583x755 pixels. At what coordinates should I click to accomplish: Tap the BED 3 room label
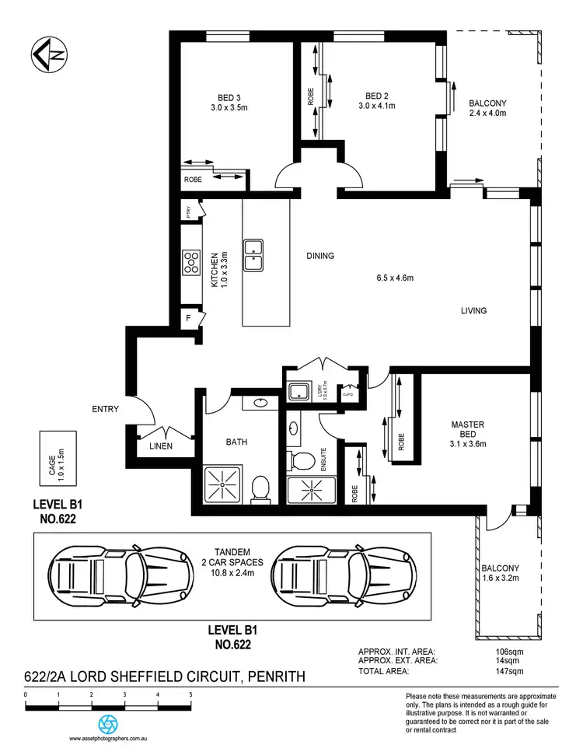229,97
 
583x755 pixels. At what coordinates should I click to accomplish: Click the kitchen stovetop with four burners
190,264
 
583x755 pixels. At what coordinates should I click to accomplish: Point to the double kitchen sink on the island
254,257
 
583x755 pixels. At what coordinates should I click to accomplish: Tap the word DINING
319,256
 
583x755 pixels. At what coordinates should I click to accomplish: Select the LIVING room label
473,310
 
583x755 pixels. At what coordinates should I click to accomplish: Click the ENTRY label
104,409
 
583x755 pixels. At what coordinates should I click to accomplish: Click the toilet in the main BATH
260,488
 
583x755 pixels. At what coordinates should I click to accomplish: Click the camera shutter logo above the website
110,722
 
